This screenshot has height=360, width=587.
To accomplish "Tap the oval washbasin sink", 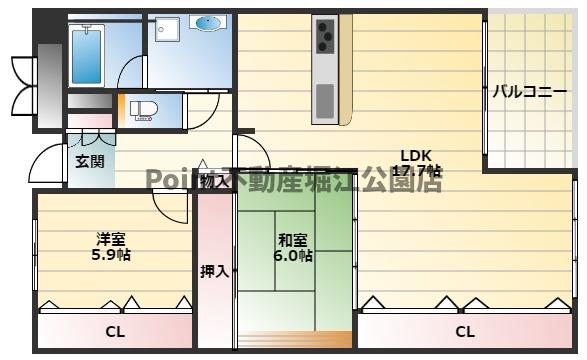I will [x=208, y=22].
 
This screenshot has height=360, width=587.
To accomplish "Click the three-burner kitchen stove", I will [x=326, y=36].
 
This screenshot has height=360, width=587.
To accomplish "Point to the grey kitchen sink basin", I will [x=326, y=100].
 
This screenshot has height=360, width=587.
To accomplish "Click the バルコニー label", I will [x=522, y=92].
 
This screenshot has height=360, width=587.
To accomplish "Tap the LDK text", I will [x=415, y=155].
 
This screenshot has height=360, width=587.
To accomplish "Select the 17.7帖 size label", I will [x=415, y=171].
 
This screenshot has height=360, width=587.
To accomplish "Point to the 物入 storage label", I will [x=213, y=182].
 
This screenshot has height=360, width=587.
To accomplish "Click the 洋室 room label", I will [x=110, y=239].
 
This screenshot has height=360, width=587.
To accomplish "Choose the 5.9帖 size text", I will [x=110, y=254].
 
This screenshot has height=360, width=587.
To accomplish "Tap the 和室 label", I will [x=292, y=240].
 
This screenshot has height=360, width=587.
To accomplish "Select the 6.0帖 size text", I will [x=292, y=256].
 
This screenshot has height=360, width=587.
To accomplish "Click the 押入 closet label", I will [x=214, y=271].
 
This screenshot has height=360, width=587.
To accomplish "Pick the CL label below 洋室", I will [x=115, y=331].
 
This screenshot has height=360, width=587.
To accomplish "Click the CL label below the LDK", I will [x=465, y=331].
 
